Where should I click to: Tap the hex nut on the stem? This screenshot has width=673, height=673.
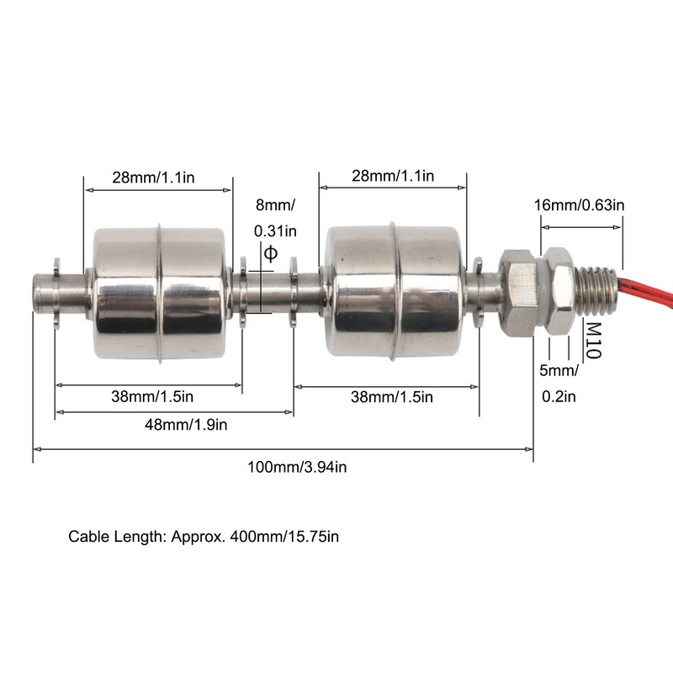517,291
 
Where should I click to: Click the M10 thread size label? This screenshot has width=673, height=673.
594,340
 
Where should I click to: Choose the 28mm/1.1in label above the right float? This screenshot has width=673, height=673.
391,177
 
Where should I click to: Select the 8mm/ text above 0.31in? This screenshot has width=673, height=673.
275,204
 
